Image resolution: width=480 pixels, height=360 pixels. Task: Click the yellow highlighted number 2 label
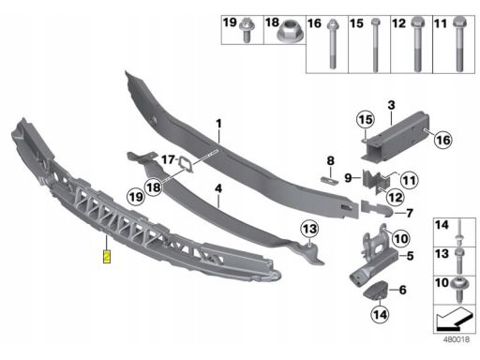[x=107, y=256]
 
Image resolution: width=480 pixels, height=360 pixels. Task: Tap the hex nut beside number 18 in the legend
[x=288, y=31]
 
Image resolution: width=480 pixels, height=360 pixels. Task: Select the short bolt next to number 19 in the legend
[x=247, y=30]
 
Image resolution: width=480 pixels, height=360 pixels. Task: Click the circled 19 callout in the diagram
[x=136, y=197]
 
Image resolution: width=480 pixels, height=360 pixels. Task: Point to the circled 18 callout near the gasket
[x=153, y=187]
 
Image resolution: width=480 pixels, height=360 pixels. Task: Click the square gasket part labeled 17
[x=187, y=164]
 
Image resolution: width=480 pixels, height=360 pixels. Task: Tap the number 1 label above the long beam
[x=218, y=124]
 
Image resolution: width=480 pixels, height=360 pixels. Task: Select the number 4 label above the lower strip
[x=218, y=188]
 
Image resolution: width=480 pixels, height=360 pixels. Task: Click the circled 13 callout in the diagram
[x=309, y=229]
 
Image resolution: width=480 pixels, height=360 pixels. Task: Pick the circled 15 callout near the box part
[x=366, y=119]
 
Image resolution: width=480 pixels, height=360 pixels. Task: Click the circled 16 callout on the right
[x=443, y=140]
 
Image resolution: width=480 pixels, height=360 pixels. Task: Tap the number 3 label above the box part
[x=391, y=105]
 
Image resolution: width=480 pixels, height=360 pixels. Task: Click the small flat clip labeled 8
[x=330, y=180]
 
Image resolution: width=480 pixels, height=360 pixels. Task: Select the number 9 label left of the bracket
[x=348, y=178]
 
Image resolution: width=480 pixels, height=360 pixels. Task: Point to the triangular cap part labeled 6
[x=376, y=291]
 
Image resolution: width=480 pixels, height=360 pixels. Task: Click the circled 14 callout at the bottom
[x=380, y=314]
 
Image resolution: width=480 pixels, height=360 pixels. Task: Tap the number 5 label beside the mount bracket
[x=410, y=256]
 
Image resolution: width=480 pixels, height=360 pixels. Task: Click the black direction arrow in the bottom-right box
[x=455, y=319]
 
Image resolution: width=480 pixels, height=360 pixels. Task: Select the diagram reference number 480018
[x=457, y=339]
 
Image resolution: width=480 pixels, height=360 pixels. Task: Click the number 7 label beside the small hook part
[x=410, y=213]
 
